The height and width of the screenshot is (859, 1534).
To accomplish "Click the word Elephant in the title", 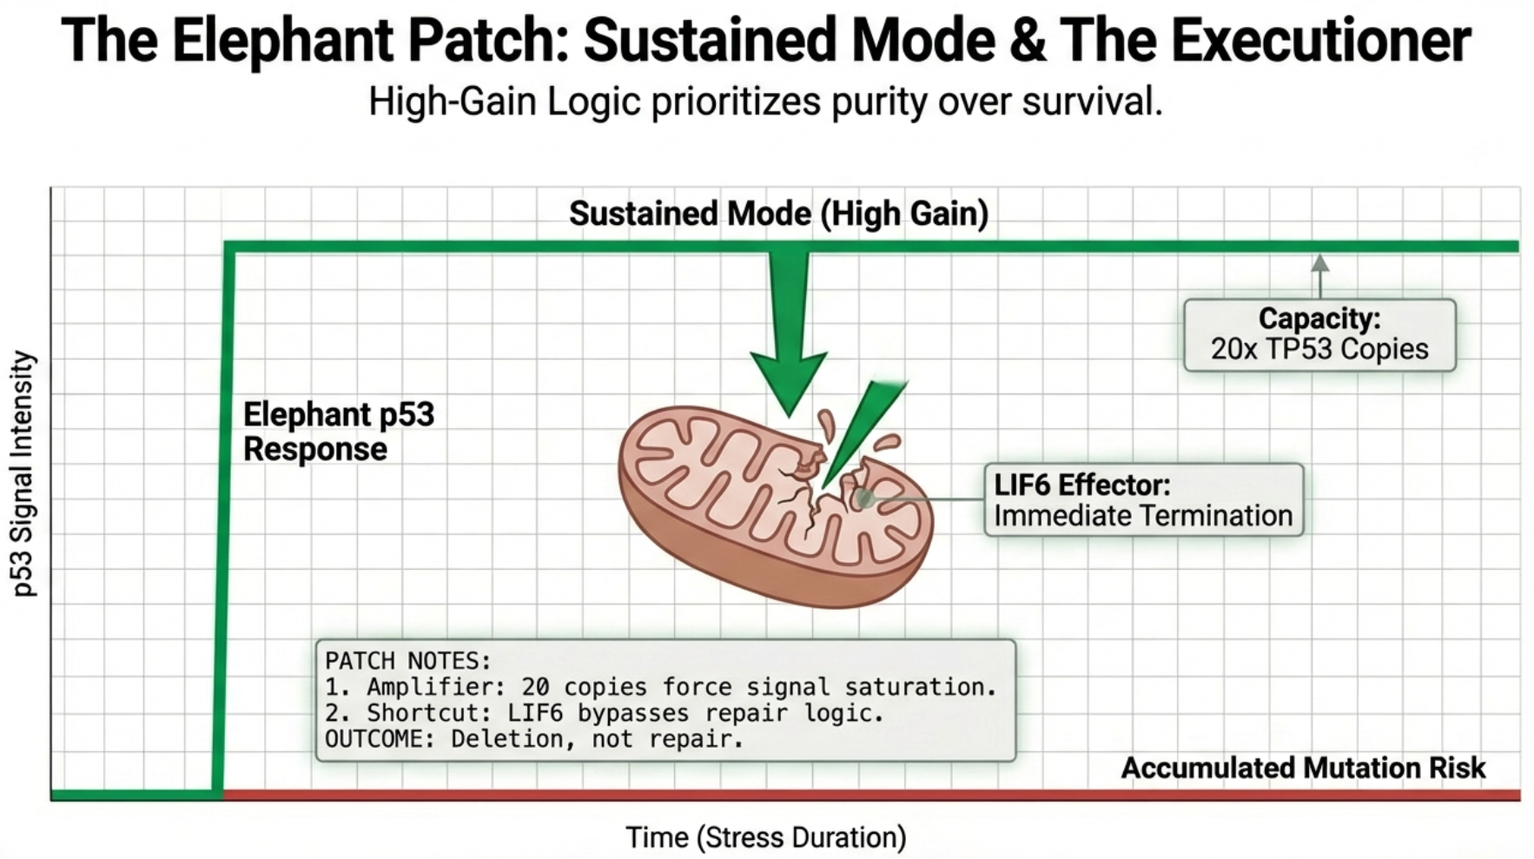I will click(282, 41).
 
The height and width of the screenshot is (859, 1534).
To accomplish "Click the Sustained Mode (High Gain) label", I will click(778, 214).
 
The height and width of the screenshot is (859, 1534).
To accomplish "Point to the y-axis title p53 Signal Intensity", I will click(23, 473).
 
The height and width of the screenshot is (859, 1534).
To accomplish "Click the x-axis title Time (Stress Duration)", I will click(765, 837).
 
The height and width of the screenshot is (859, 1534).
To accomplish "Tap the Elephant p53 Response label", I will click(338, 432).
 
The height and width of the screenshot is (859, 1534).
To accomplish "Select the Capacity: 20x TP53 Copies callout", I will click(1319, 334).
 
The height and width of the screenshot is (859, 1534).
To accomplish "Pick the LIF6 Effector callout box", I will click(1143, 499).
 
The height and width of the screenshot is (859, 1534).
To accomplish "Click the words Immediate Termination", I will click(1143, 516).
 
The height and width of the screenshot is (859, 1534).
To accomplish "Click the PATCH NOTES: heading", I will click(407, 661).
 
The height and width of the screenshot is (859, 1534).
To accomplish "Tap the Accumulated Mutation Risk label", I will click(1302, 768).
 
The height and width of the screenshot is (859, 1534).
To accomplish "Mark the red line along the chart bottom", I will click(869, 795).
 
